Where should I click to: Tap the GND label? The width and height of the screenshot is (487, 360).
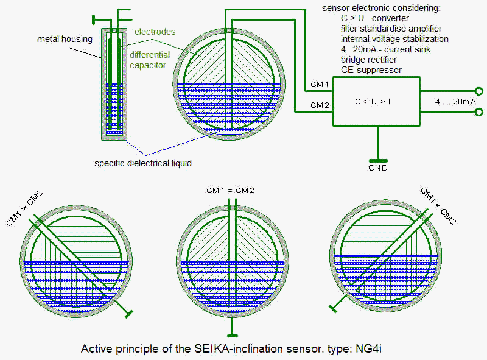point(379,168)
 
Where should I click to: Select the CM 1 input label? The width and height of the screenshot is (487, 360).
point(320,84)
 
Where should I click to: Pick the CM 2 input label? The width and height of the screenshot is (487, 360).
point(320,105)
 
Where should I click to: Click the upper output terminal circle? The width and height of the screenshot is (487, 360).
point(478,91)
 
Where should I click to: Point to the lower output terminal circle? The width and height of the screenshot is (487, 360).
point(478,112)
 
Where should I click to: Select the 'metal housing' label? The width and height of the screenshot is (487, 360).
point(65,40)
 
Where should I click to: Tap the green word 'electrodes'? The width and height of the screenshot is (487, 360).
point(155,32)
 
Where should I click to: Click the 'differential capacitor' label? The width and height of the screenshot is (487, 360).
point(149,60)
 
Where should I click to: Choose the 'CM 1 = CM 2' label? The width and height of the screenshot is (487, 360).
point(230,191)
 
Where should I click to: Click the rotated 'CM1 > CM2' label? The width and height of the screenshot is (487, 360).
point(25,208)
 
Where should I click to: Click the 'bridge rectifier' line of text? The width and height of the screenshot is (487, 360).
point(369,60)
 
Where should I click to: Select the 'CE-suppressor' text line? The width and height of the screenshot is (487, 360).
point(371,70)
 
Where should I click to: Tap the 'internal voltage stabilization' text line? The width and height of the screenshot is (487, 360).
point(394,39)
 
